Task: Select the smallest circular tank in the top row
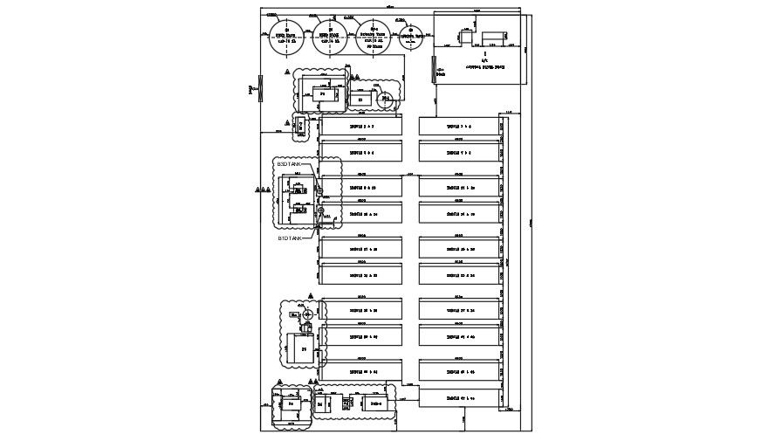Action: (x=410, y=37)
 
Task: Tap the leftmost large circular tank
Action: (x=282, y=38)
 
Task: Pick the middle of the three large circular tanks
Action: (x=330, y=38)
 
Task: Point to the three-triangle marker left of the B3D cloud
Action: (x=262, y=189)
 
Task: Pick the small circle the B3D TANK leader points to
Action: (x=320, y=190)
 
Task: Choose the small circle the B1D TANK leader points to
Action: (x=320, y=210)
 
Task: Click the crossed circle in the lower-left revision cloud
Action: (x=306, y=314)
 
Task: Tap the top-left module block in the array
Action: (x=360, y=127)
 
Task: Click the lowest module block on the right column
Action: (x=459, y=397)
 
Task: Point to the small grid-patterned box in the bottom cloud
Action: (x=347, y=404)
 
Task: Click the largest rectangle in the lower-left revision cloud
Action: (x=303, y=349)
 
